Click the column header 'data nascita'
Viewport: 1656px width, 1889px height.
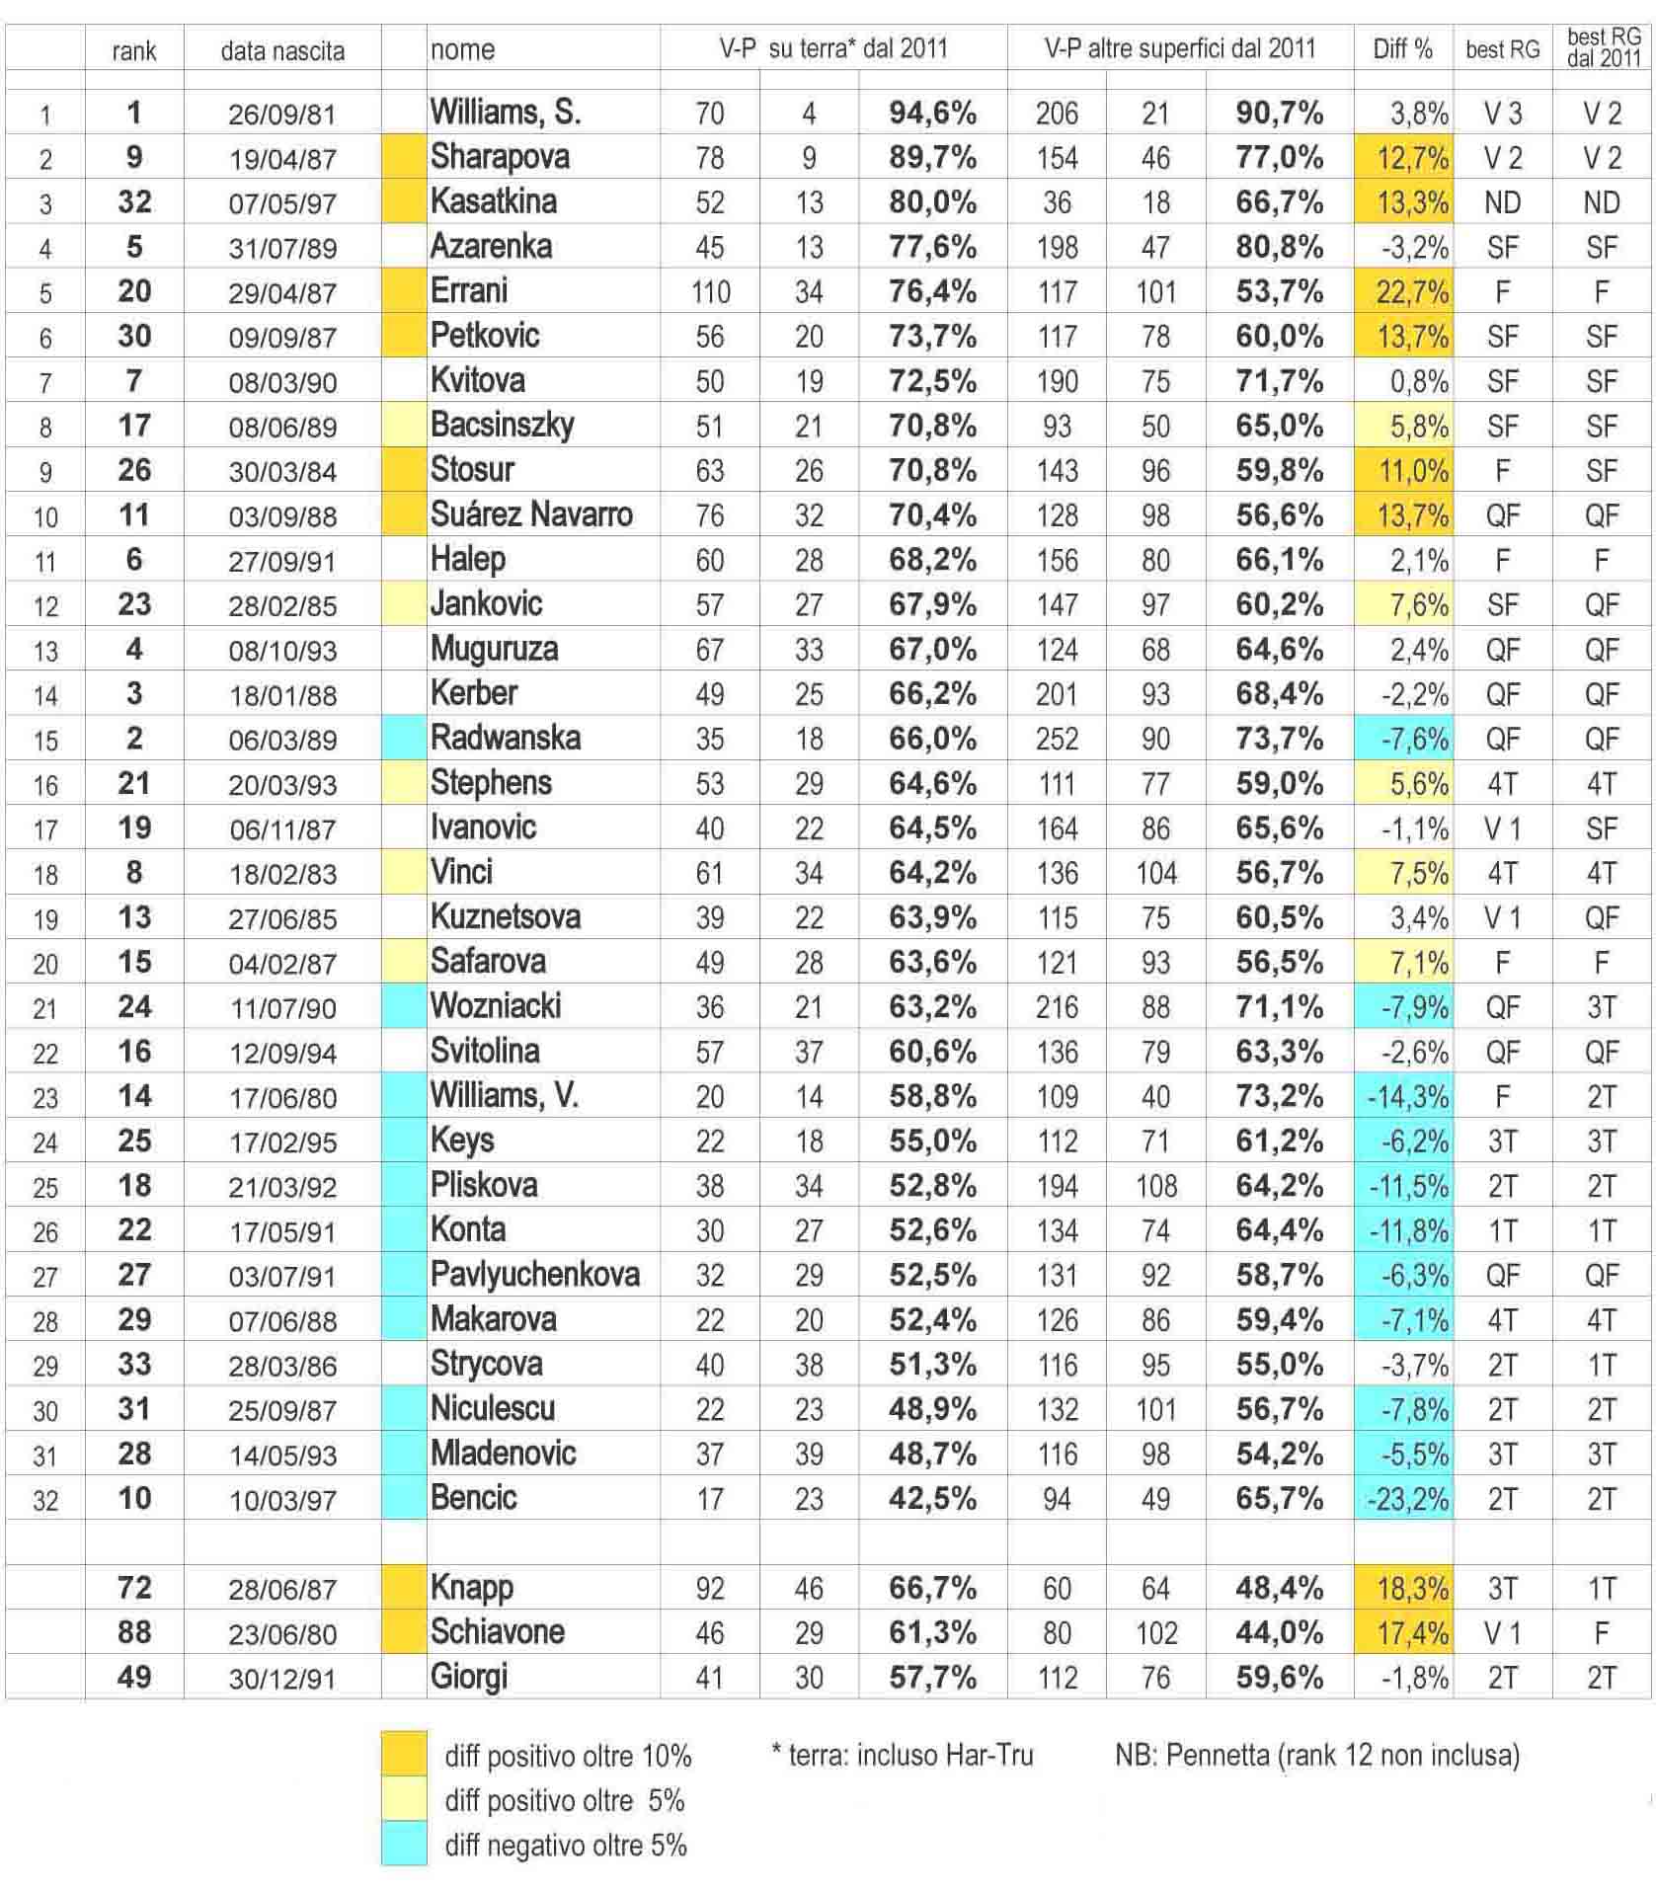[282, 50]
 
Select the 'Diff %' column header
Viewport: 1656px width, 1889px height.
[1402, 48]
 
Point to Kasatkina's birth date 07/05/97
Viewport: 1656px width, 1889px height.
[282, 203]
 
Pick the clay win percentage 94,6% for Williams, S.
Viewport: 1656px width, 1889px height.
[932, 114]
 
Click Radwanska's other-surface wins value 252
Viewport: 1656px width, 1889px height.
[1057, 740]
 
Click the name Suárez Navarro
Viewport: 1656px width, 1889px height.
[531, 514]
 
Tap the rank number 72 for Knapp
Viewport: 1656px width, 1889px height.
[134, 1588]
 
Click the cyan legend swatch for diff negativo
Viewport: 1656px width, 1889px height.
[404, 1845]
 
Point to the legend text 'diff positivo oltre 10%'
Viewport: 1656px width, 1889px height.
[568, 1756]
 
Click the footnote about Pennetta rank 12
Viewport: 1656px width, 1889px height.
[1317, 1755]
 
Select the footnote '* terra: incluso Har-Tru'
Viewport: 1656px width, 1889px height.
[902, 1755]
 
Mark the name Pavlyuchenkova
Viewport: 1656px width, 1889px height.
[535, 1275]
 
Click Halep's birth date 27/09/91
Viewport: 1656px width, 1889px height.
[282, 561]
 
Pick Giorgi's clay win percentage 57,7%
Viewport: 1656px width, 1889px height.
[932, 1678]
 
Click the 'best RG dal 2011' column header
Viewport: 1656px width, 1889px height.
[1603, 47]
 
